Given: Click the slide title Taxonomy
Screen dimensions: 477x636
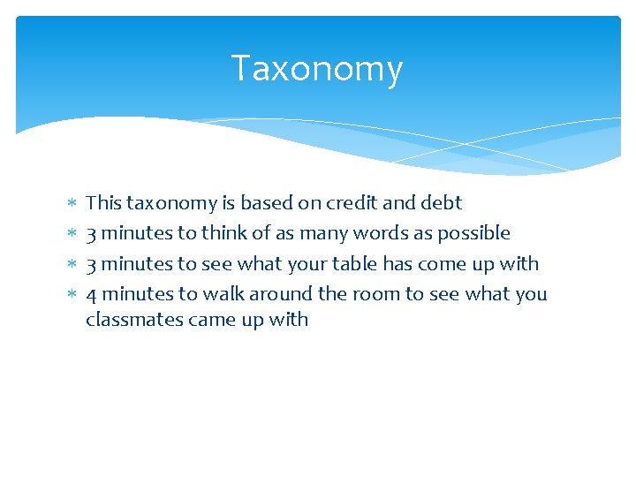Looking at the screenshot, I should coord(317,69).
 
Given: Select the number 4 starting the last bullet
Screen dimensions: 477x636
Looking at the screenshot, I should coord(91,294).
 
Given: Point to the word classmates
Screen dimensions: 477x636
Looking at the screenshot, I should coord(133,320).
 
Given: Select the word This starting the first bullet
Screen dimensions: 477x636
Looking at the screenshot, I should coord(103,203).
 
